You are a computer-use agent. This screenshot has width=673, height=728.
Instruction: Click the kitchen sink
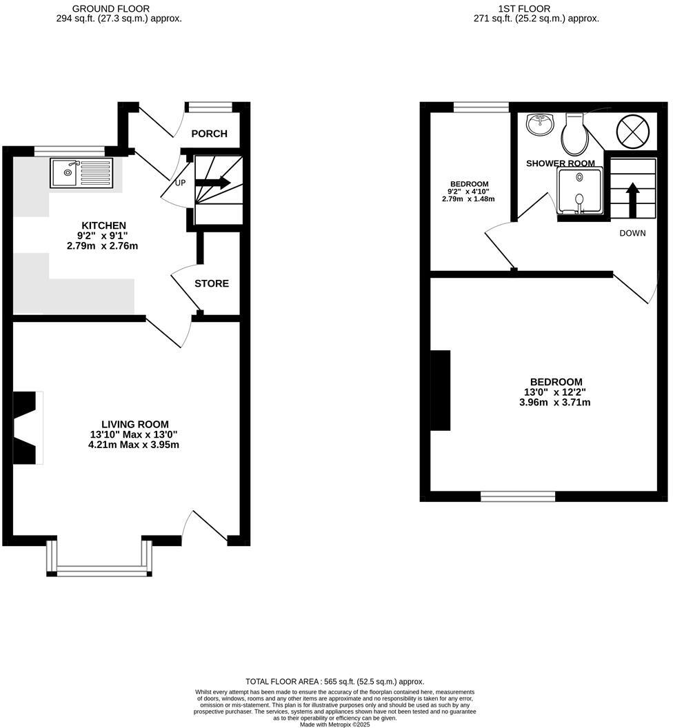pos(81,172)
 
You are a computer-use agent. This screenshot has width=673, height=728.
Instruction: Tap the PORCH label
pos(209,134)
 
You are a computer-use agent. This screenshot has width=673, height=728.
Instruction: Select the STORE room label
pos(211,283)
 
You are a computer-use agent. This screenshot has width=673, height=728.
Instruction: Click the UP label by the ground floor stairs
pos(181,183)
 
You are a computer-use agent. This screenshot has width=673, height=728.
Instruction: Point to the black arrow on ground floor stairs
pos(213,183)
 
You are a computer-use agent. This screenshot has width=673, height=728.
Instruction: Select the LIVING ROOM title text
pos(134,425)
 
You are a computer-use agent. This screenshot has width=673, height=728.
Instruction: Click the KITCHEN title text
pos(103,225)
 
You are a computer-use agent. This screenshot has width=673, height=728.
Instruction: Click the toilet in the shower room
pos(573,134)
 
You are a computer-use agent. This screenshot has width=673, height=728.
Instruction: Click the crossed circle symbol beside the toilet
pos(628,130)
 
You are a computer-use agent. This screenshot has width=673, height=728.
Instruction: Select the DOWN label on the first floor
pos(632,233)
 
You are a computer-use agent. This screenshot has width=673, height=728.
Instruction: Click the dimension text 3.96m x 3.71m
pos(555,403)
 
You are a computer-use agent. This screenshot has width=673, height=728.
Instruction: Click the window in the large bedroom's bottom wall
pos(518,496)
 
